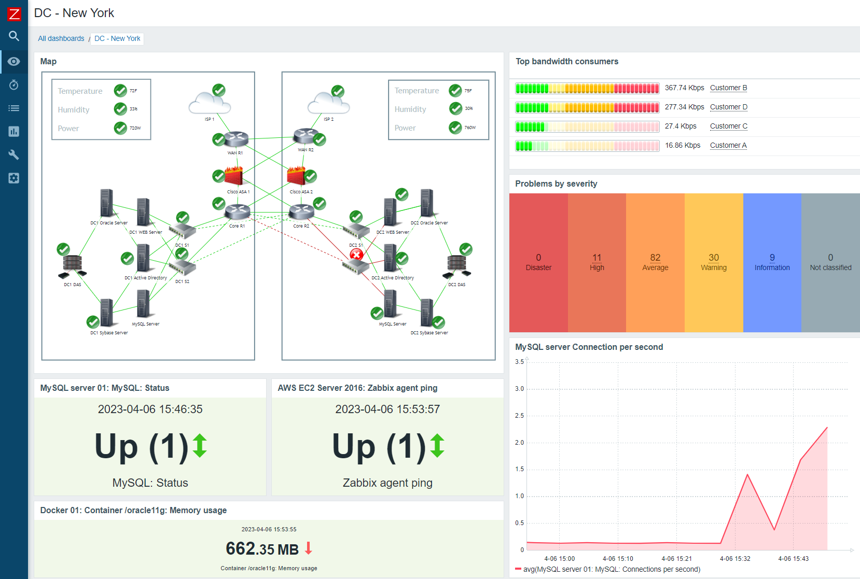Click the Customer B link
pos(728,88)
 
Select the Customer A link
pos(728,145)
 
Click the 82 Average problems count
pos(655,258)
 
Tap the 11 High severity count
pos(597,258)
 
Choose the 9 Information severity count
pos(772,258)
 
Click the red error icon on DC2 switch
pos(356,255)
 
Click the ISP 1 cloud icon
pos(209,103)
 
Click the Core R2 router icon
pos(301,212)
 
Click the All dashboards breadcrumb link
pos(61,38)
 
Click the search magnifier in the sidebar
pos(14,36)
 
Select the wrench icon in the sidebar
pos(14,154)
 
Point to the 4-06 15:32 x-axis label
pos(735,558)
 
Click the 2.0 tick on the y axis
pos(519,442)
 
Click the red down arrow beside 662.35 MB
pos(309,548)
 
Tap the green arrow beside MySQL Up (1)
pos(200,446)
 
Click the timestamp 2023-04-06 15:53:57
pos(387,409)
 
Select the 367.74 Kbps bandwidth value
pos(684,88)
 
